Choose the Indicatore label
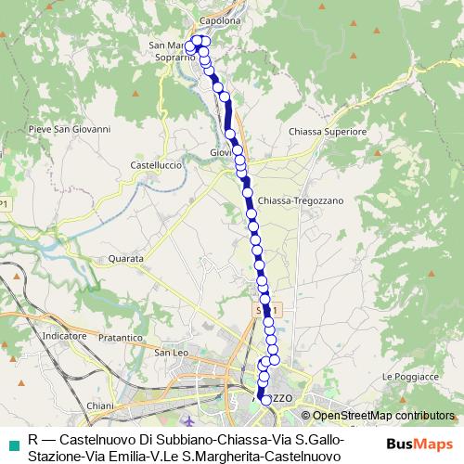click(x=64, y=335)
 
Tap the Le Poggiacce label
click(x=409, y=378)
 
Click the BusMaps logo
click(x=419, y=445)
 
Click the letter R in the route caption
click(x=33, y=439)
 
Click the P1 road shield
click(x=5, y=204)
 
